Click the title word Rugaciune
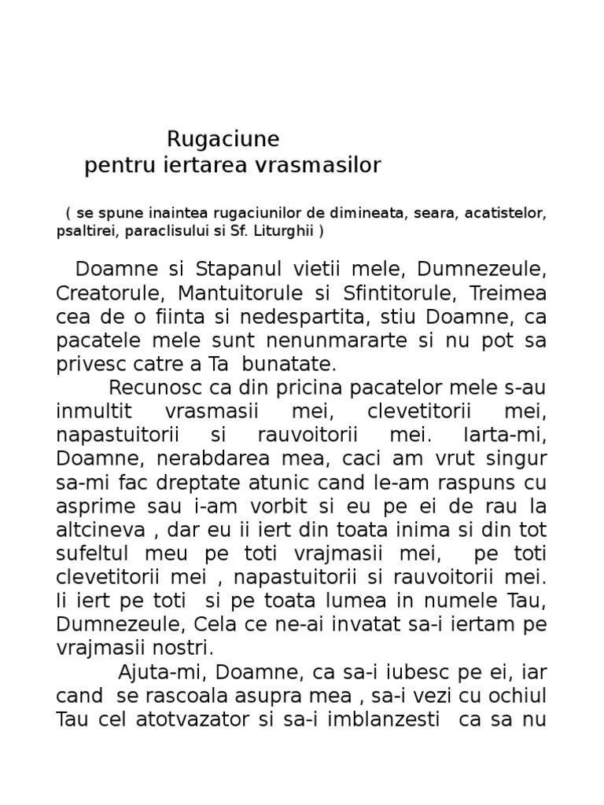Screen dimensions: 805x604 point(223,139)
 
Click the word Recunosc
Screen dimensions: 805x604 point(155,388)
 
